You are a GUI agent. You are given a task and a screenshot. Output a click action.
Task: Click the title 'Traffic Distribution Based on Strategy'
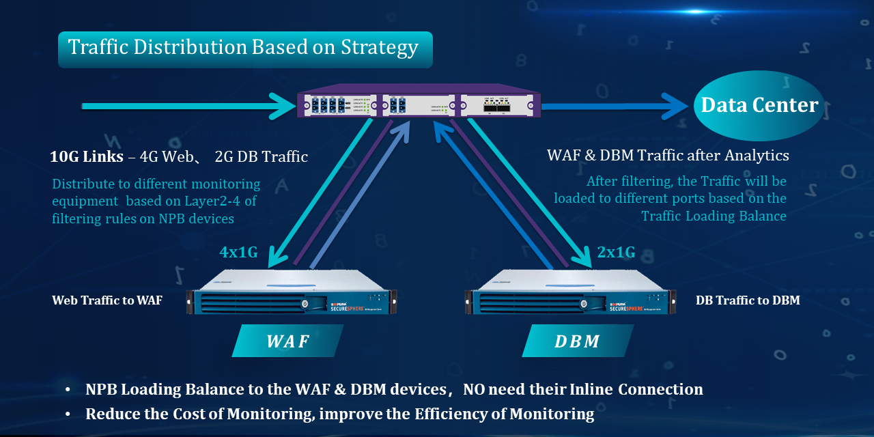(244, 48)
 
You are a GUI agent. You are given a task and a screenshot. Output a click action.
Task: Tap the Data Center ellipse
(759, 106)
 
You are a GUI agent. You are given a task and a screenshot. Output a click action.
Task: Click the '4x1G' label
(238, 253)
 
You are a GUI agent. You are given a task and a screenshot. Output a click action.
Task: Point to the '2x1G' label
(616, 253)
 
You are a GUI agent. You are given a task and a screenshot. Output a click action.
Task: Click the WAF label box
(287, 341)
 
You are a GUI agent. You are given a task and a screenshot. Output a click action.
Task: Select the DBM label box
(577, 341)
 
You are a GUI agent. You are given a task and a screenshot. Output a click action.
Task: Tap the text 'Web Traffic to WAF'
(107, 300)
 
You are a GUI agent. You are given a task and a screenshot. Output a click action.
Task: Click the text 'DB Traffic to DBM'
(748, 300)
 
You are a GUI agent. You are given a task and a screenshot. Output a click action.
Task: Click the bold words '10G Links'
(86, 157)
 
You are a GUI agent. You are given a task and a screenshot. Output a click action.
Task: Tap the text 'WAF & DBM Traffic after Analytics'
(668, 156)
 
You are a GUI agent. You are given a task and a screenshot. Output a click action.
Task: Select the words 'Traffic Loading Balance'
(714, 216)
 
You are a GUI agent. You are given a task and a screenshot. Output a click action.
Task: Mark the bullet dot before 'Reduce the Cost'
(68, 414)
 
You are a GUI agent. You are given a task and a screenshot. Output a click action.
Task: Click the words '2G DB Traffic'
(261, 157)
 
